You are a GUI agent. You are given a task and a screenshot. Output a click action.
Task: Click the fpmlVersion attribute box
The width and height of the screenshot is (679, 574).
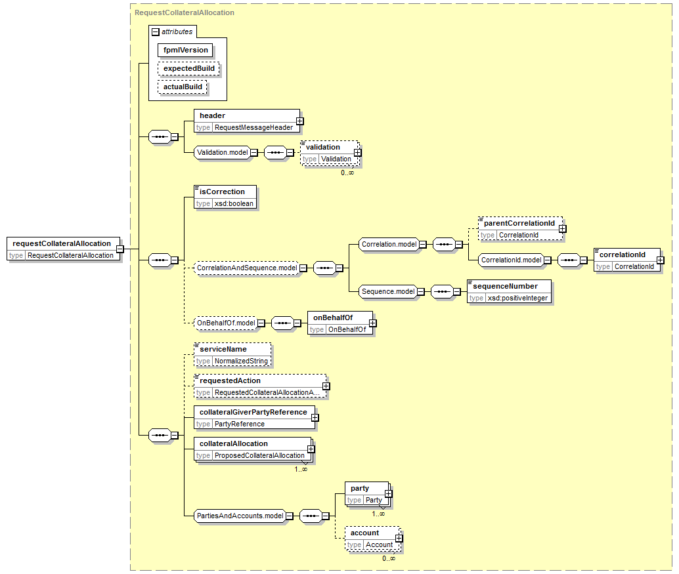tap(186, 50)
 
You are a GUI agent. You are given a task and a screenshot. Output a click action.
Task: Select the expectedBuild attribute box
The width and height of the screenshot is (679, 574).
tap(189, 68)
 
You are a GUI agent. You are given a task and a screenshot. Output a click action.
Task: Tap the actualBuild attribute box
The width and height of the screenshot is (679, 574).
tap(183, 87)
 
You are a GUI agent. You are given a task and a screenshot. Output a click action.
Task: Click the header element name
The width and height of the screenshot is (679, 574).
tap(213, 115)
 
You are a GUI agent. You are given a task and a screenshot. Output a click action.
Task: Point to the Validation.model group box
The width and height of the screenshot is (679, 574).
tap(223, 153)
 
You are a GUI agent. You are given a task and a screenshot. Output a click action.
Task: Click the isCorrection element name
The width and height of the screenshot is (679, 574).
tap(222, 192)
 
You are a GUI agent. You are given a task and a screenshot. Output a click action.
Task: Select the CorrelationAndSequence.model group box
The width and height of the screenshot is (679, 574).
tap(247, 268)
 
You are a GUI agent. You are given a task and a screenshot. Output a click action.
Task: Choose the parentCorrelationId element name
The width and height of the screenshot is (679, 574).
tap(519, 223)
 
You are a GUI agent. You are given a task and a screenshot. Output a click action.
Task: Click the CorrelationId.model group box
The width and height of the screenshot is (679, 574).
tap(511, 260)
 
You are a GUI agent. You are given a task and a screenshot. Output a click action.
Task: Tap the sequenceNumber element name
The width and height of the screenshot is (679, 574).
tap(505, 286)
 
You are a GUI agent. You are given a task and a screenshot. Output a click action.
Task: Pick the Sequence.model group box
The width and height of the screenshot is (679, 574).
tap(388, 291)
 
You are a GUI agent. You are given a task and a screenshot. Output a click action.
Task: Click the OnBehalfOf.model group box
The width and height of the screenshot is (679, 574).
tap(226, 323)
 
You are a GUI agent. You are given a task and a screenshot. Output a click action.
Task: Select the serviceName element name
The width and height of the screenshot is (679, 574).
tap(223, 349)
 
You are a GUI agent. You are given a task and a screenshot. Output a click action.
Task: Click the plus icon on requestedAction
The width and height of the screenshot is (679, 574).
tap(326, 386)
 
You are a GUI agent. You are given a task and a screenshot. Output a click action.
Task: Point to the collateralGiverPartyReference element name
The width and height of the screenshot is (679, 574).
tap(253, 412)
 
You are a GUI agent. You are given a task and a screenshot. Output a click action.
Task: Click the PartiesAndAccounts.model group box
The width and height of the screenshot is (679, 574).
tap(240, 516)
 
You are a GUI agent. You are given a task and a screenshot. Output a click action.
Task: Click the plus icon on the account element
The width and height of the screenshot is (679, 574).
tap(399, 539)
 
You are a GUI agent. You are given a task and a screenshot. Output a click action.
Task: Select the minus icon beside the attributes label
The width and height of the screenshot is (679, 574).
tap(156, 31)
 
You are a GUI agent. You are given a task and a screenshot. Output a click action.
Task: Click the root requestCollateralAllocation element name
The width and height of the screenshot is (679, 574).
tap(62, 243)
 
